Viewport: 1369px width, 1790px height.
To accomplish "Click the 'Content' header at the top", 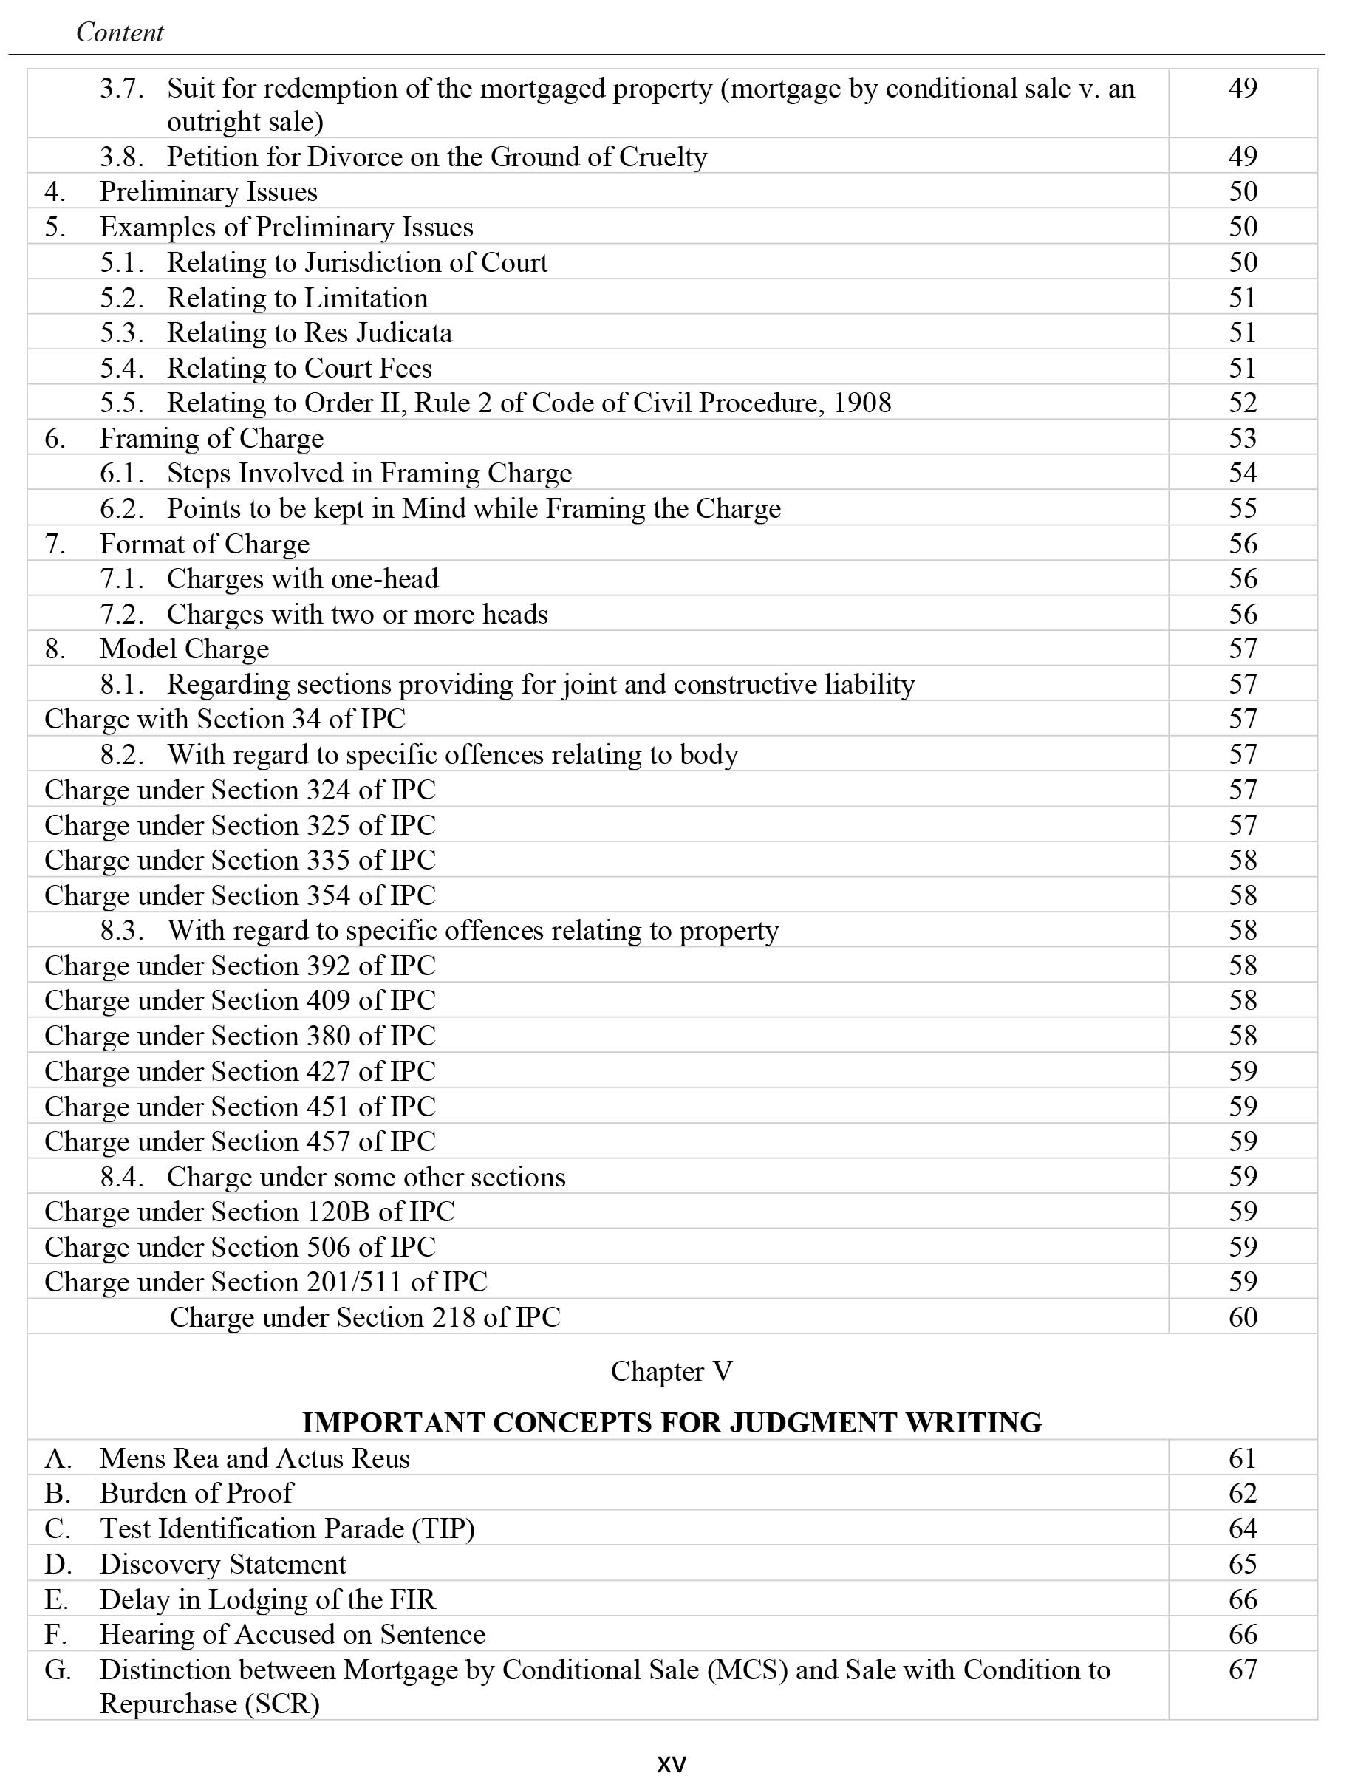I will click(x=119, y=33).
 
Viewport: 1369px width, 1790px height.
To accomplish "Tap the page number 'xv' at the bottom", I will click(x=672, y=1764).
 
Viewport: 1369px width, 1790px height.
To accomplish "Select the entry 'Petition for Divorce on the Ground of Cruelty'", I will click(x=437, y=157).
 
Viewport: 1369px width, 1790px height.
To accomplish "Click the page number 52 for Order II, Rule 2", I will click(x=1243, y=403).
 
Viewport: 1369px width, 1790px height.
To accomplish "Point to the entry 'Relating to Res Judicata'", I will click(x=309, y=332).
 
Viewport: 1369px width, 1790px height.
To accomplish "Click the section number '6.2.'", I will click(x=122, y=508).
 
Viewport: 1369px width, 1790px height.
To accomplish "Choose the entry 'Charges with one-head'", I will click(x=302, y=578).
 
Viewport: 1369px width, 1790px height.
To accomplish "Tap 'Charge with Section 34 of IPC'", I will click(x=224, y=719).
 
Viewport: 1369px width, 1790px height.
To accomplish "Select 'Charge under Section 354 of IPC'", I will click(x=239, y=895).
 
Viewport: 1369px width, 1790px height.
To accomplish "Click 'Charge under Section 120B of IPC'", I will click(x=250, y=1212).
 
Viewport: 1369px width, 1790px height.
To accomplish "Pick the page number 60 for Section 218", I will click(x=1243, y=1317).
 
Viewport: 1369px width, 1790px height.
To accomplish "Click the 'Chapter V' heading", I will click(x=672, y=1371).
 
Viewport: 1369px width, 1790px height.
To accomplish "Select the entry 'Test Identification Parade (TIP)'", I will click(x=287, y=1528).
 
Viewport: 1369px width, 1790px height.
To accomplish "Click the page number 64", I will click(x=1243, y=1528).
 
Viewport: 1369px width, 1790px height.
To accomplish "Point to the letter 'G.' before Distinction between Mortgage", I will click(x=58, y=1670).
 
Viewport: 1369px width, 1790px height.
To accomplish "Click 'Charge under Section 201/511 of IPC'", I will click(x=266, y=1282).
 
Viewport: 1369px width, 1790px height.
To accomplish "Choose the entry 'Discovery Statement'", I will click(x=222, y=1563).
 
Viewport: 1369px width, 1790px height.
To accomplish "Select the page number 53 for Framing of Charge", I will click(x=1243, y=438).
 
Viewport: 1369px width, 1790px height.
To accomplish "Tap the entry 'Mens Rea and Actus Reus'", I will click(x=254, y=1458).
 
